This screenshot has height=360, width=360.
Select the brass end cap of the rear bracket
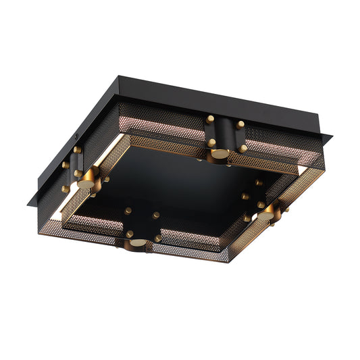[x=220, y=154]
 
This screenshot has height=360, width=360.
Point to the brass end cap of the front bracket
[x=137, y=242]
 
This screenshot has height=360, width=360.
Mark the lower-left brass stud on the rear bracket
[x=211, y=143]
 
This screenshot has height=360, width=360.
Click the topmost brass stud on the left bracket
[x=77, y=149]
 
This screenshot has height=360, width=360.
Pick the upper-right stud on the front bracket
[x=156, y=215]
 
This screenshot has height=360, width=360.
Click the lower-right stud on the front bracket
[x=157, y=238]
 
